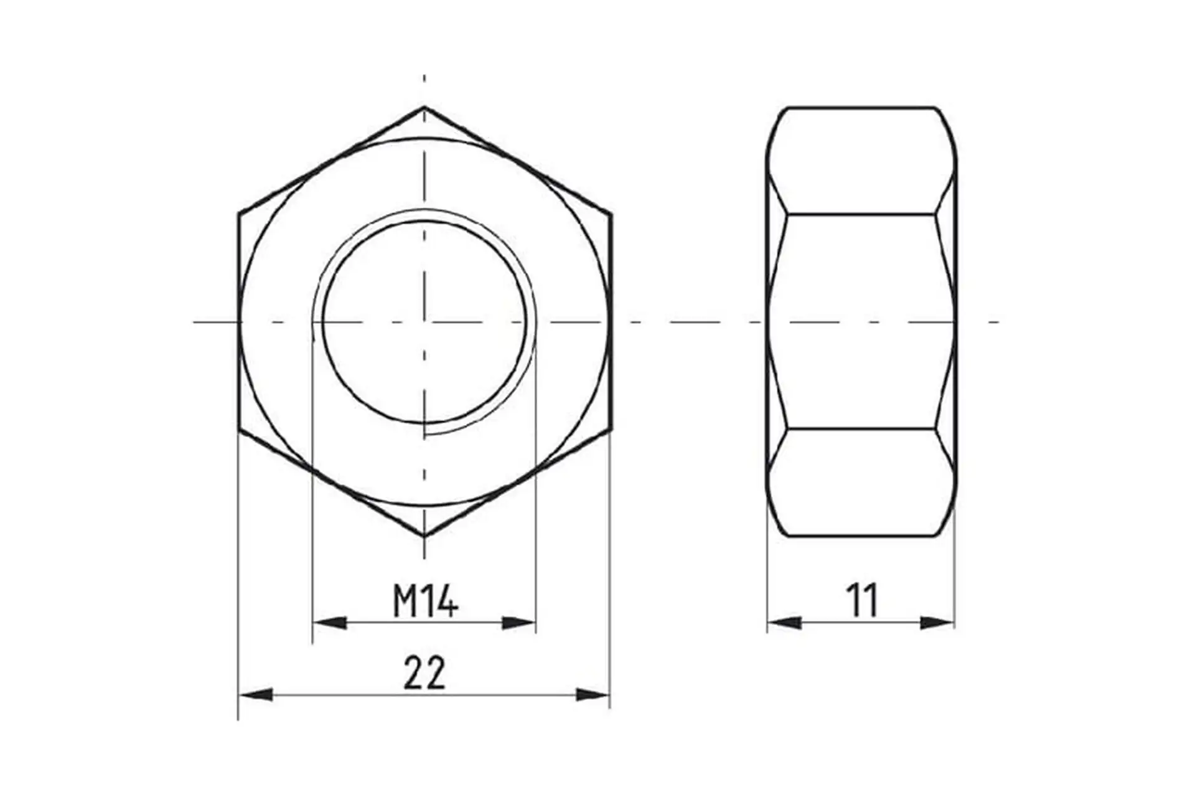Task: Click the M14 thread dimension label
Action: (x=426, y=601)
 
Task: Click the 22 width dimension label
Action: (x=424, y=673)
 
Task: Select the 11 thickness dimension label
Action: (x=862, y=601)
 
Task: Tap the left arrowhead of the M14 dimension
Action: (x=329, y=622)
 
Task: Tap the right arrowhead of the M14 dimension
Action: (x=518, y=622)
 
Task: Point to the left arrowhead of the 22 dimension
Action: (x=256, y=694)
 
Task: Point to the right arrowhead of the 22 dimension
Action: (x=593, y=694)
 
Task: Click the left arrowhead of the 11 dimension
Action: (x=784, y=622)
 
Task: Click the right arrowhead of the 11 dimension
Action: (x=937, y=622)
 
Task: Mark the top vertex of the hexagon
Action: (x=424, y=107)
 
